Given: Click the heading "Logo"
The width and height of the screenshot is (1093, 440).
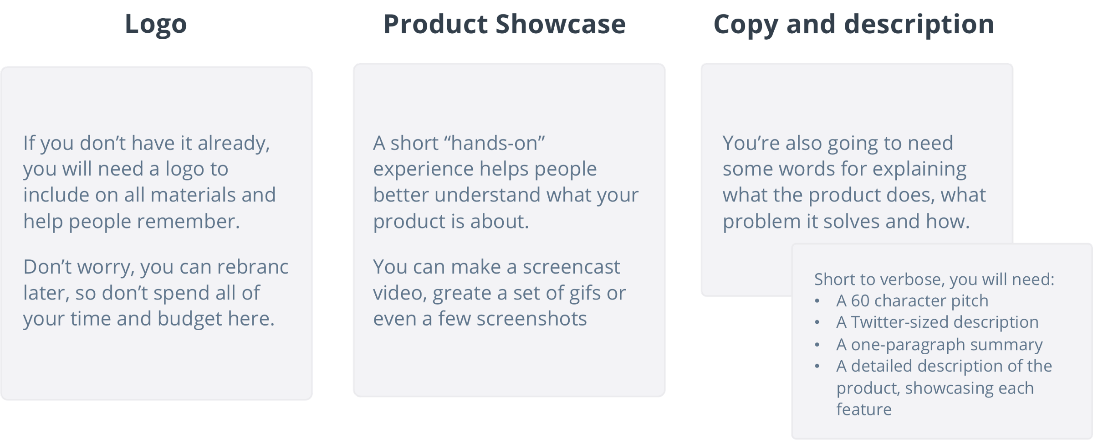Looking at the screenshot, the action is [x=156, y=25].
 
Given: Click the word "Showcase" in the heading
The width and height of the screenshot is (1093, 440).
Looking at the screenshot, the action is [x=561, y=24].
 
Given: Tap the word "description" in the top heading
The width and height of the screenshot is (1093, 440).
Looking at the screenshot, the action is [x=919, y=25].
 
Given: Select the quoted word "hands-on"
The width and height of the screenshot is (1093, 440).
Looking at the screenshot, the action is [x=496, y=143].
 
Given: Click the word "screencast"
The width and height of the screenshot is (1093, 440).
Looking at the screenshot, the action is [x=571, y=267].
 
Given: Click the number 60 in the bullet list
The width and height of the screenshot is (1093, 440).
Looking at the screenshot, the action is [x=860, y=301].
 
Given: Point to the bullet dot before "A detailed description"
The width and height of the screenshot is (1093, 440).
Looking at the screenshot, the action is [x=817, y=366].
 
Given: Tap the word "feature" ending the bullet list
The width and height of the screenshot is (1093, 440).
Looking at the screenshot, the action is [x=864, y=409].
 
